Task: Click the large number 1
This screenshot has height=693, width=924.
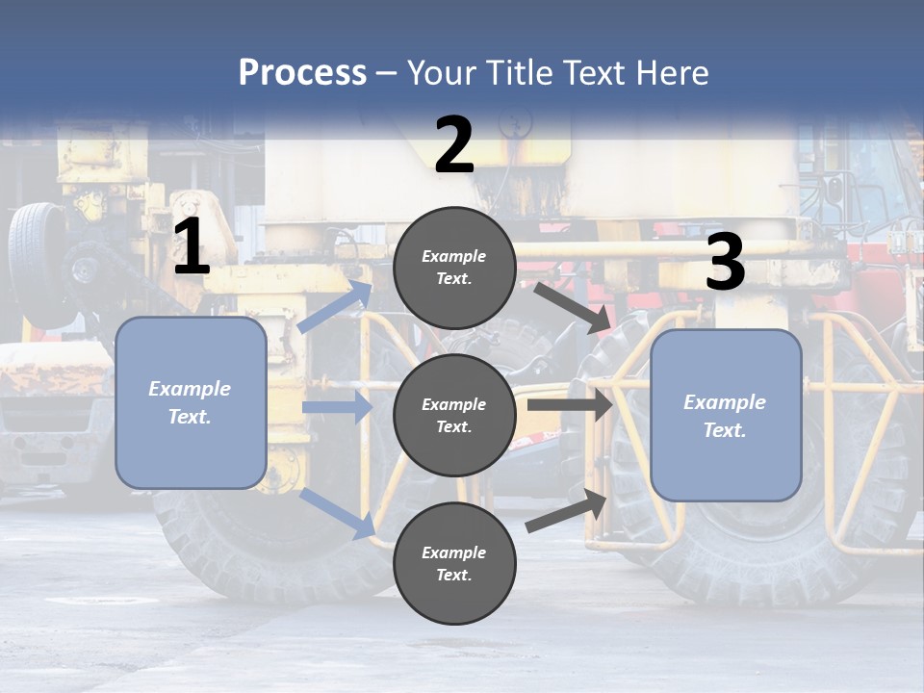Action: tap(192, 247)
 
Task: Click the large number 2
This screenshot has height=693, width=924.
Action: tap(454, 145)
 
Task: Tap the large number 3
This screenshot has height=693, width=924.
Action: tap(725, 263)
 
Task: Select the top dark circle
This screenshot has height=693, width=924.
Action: tap(454, 268)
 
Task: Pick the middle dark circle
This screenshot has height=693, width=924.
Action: tap(454, 415)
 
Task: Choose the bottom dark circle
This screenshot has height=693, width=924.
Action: tap(454, 563)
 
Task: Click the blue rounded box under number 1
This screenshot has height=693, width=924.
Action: tap(191, 402)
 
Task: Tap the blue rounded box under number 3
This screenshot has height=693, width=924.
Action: tap(726, 415)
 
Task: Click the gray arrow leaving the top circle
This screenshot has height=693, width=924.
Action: tap(572, 307)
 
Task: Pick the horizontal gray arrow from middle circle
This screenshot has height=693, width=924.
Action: tap(569, 405)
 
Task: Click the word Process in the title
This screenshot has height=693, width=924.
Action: tap(302, 72)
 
